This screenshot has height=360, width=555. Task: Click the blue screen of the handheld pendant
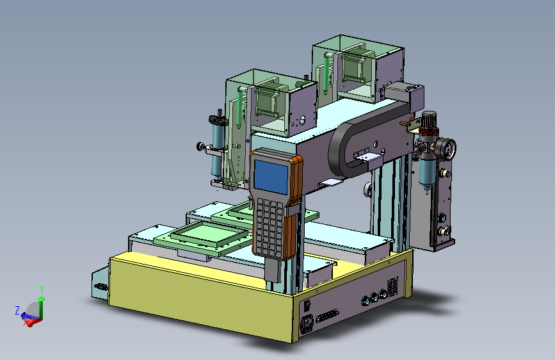(x=271, y=177)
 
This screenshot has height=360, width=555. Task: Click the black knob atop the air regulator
(x=429, y=118)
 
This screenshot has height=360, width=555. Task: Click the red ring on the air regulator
(x=429, y=132)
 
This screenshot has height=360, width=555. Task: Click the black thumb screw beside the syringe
(x=202, y=146)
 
